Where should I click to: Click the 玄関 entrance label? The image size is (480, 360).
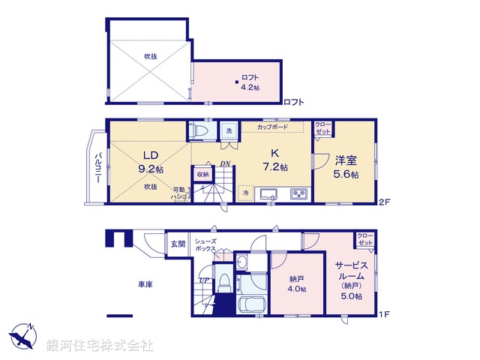177,244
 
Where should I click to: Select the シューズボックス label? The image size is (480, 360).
205,244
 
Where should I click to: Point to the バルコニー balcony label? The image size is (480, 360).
99,167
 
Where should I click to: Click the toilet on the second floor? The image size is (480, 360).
199,130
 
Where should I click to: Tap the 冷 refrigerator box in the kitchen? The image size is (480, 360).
247,193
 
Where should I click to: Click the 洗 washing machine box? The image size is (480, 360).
229,131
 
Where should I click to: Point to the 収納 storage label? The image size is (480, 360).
202,175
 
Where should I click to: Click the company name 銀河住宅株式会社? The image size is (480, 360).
100,346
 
